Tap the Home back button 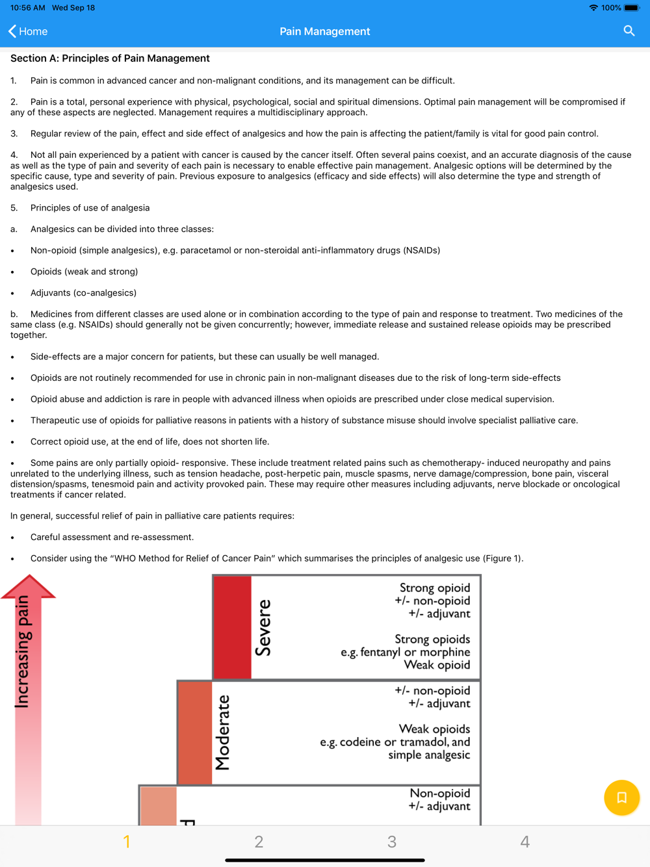point(28,31)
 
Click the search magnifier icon point(629,31)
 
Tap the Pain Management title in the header point(324,31)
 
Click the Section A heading point(110,58)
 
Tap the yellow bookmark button point(621,797)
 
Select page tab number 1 point(127,842)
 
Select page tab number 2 point(259,842)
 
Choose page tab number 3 point(391,842)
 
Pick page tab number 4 point(525,842)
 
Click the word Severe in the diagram point(263,628)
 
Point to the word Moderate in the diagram point(223,732)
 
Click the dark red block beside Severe point(232,627)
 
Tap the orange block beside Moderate point(194,732)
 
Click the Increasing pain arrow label point(23,652)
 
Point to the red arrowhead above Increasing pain point(29,586)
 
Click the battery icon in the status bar point(631,8)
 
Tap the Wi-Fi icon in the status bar point(593,8)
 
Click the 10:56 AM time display point(28,8)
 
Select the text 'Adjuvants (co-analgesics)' point(83,293)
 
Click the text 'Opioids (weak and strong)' point(84,272)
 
